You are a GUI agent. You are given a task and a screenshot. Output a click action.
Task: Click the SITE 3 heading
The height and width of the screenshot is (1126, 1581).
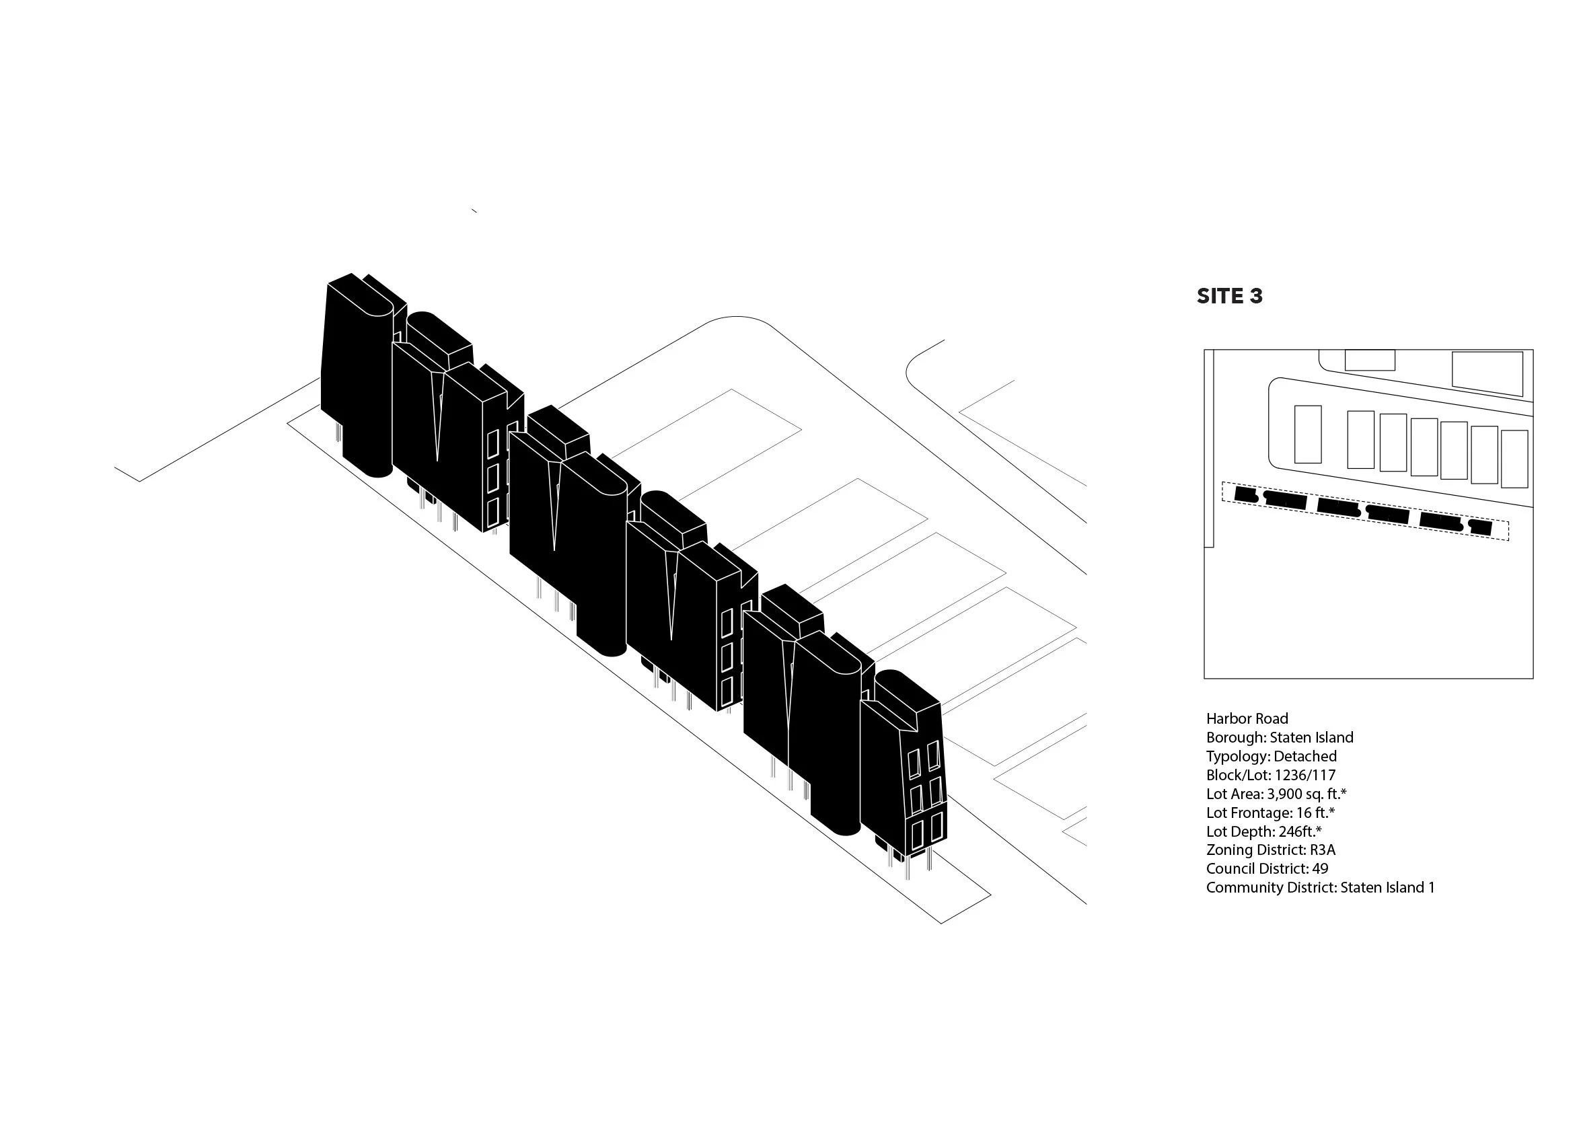[x=1229, y=296]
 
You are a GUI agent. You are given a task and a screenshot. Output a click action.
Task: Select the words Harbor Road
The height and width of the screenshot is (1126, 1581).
[x=1247, y=718]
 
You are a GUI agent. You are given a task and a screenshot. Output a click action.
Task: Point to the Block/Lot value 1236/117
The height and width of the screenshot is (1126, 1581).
[x=1304, y=774]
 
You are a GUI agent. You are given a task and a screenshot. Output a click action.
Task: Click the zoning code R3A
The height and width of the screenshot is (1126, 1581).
[x=1323, y=850]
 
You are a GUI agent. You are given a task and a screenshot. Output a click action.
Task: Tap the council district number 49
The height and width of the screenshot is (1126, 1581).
[x=1319, y=868]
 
